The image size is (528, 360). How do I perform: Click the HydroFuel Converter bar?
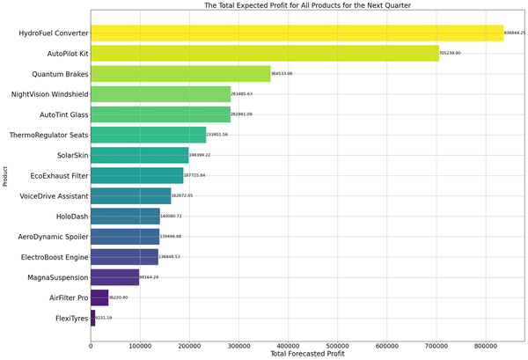tap(297, 33)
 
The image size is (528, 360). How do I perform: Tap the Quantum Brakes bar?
tap(180, 74)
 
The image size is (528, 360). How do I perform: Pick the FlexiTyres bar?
tap(93, 318)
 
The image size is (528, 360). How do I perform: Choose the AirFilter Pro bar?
tap(99, 298)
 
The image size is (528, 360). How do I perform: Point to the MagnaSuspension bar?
tap(115, 277)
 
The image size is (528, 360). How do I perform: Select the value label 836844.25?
tap(514, 33)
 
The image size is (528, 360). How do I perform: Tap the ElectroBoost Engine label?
tap(50, 257)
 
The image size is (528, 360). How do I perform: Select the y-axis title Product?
tap(5, 177)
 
